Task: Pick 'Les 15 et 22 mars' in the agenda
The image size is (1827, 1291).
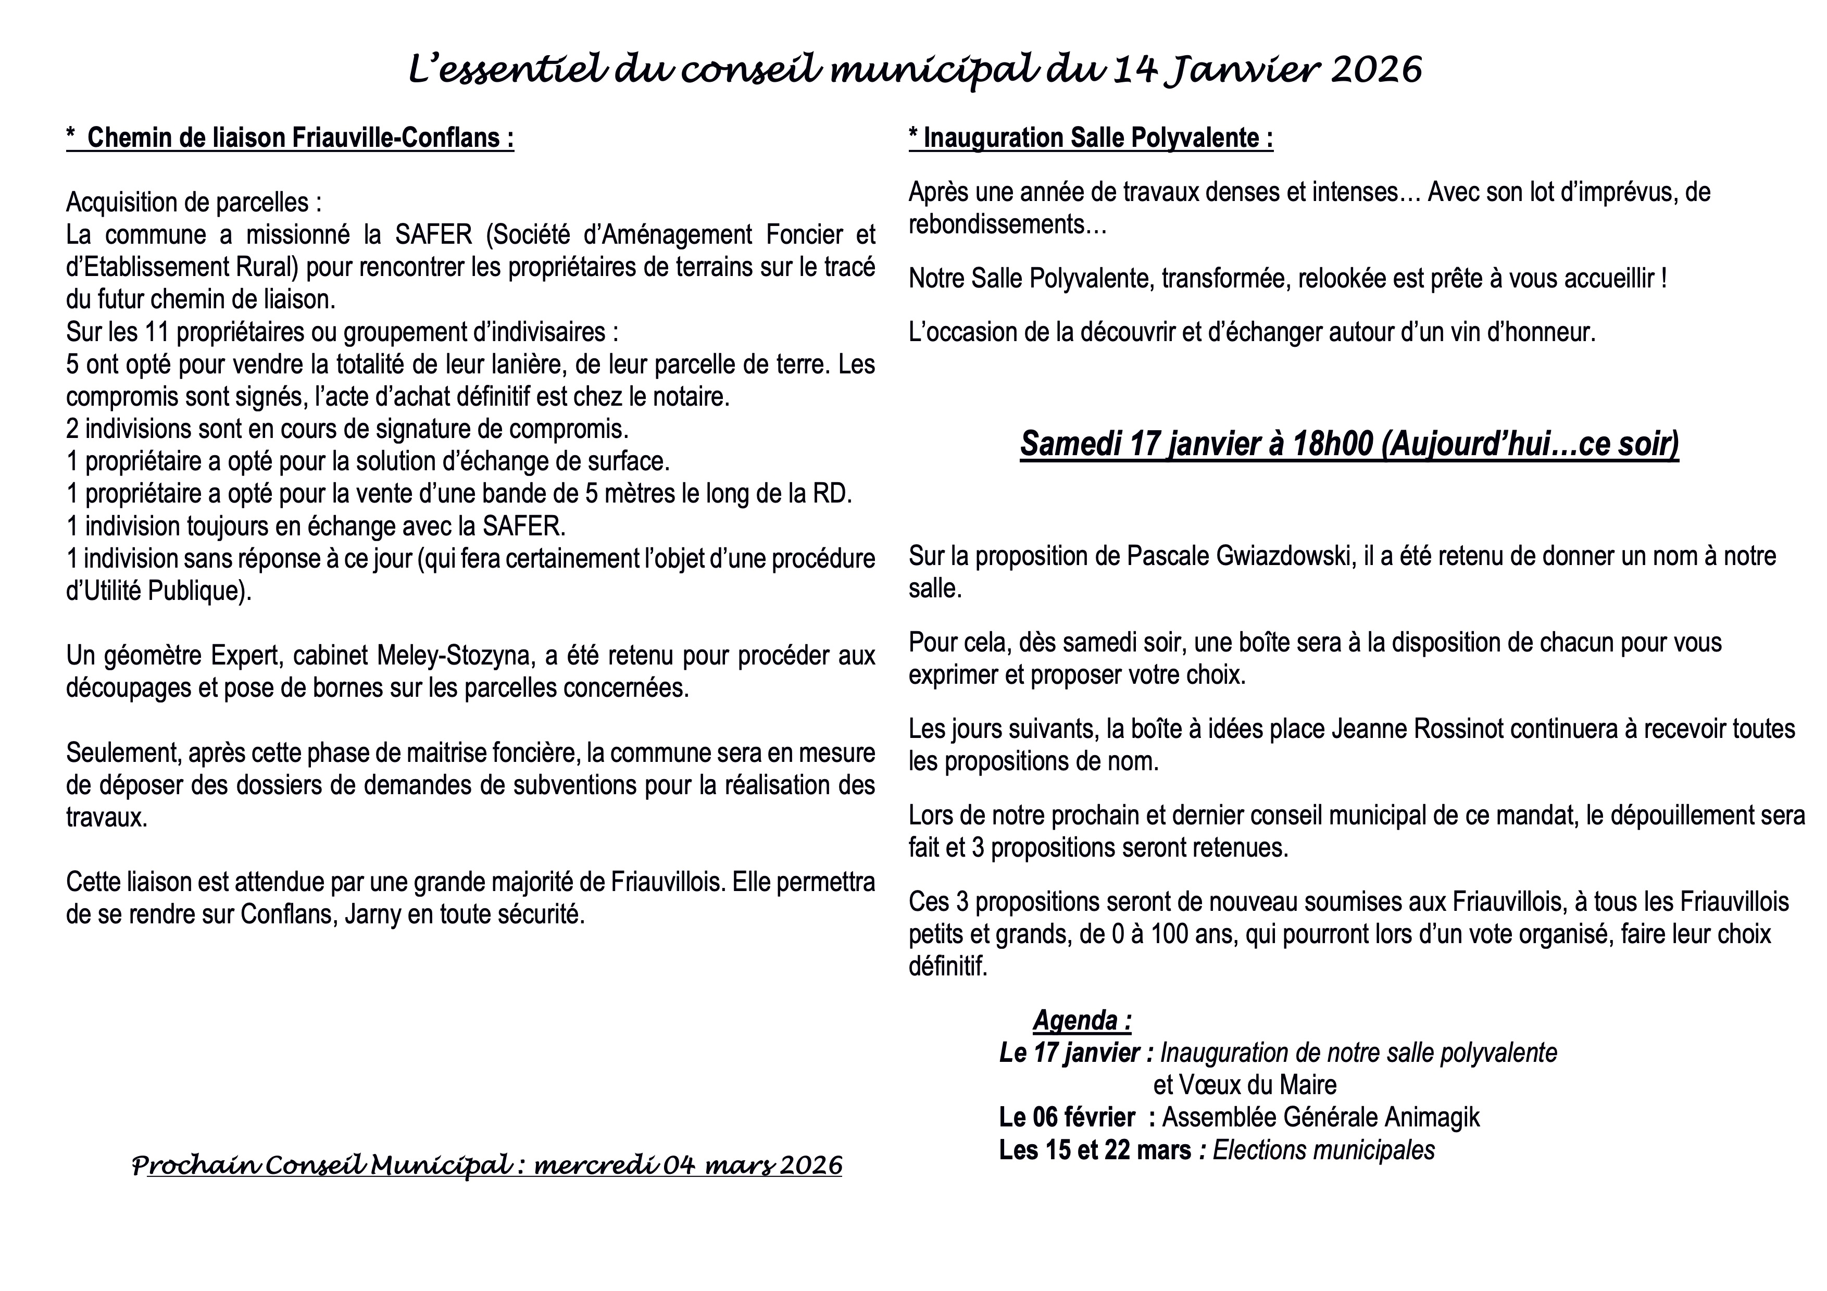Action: [1095, 1150]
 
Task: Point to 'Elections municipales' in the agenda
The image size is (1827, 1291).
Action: [1323, 1150]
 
